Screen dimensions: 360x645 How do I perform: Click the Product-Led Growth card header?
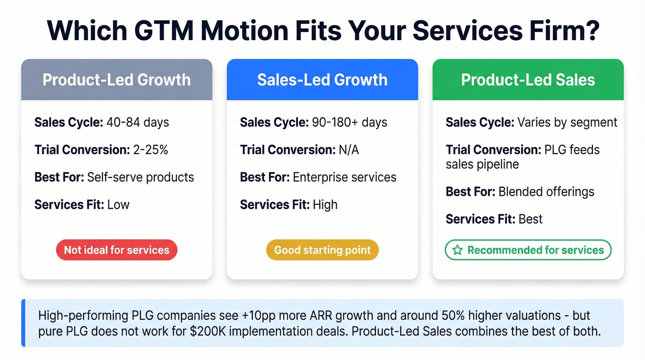point(117,80)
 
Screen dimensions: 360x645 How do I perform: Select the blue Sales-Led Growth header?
point(322,80)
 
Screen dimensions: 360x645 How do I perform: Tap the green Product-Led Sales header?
point(528,80)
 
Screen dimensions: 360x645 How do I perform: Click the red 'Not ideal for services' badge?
point(117,250)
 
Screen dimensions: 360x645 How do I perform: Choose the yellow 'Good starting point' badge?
point(322,250)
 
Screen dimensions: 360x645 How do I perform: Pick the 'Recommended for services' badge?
point(528,250)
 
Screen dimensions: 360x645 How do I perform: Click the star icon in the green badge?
point(457,250)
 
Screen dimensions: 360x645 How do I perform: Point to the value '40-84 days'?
point(138,123)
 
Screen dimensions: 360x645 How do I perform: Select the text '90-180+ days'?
point(349,123)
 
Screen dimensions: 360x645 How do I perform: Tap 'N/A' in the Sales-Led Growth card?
point(348,150)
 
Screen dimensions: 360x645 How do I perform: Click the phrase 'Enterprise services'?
point(345,177)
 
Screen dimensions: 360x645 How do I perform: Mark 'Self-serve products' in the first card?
point(141,177)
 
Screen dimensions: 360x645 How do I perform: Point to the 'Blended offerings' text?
point(546,191)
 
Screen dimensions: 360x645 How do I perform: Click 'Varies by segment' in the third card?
point(567,123)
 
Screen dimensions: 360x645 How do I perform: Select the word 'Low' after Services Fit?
point(118,204)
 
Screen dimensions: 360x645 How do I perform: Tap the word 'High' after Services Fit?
point(325,204)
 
